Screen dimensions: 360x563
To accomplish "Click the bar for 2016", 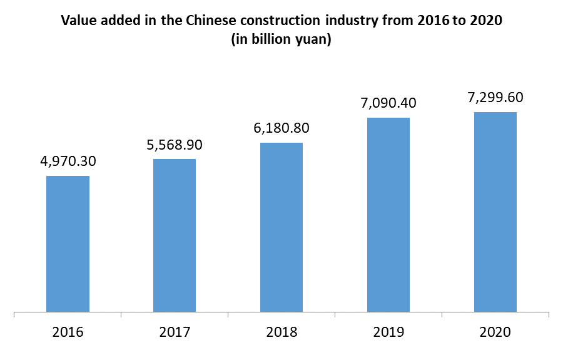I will pyautogui.click(x=68, y=244).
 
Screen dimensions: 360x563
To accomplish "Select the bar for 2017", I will pyautogui.click(x=175, y=235).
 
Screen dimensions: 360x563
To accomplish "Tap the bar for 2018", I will pyautogui.click(x=281, y=227).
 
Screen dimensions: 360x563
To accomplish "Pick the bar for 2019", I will pyautogui.click(x=388, y=214).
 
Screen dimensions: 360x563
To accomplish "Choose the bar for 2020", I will pyautogui.click(x=495, y=212).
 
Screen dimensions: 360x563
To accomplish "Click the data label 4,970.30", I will pyautogui.click(x=68, y=162).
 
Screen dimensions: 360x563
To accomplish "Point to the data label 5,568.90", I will pyautogui.click(x=175, y=145).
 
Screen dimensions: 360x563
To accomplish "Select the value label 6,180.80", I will pyautogui.click(x=281, y=128).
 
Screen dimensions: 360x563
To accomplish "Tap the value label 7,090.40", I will pyautogui.click(x=388, y=103).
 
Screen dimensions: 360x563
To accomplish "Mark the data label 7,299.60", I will pyautogui.click(x=495, y=98).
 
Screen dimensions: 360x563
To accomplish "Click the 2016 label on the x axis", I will pyautogui.click(x=68, y=332).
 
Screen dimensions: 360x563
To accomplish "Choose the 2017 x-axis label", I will pyautogui.click(x=175, y=332).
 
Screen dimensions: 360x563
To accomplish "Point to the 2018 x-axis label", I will pyautogui.click(x=281, y=332).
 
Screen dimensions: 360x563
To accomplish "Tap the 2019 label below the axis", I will pyautogui.click(x=388, y=332).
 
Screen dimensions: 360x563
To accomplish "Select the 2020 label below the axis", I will pyautogui.click(x=495, y=332).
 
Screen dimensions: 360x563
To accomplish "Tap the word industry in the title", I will pyautogui.click(x=347, y=21).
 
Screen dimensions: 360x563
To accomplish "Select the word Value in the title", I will pyautogui.click(x=76, y=21).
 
